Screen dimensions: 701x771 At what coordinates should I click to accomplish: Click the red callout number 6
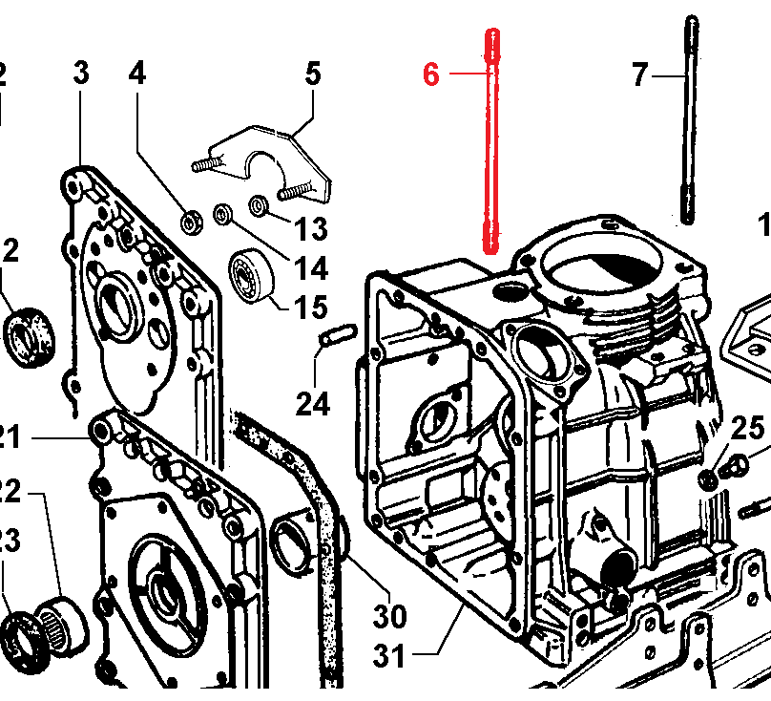[431, 74]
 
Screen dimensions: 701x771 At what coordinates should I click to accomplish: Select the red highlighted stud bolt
[491, 143]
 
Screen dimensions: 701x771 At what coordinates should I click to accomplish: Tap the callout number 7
[639, 74]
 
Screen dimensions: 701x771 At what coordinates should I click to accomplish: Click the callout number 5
[313, 74]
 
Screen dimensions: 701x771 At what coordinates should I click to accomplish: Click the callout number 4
[137, 74]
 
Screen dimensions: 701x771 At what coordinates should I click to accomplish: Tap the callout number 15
[310, 308]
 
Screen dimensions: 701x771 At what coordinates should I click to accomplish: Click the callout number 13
[310, 229]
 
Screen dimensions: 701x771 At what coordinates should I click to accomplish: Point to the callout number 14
[310, 268]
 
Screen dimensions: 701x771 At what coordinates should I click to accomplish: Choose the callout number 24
[312, 404]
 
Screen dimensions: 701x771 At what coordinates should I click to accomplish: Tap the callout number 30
[389, 617]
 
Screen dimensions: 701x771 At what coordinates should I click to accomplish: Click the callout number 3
[81, 74]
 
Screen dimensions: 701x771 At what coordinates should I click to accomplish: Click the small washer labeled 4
[192, 222]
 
